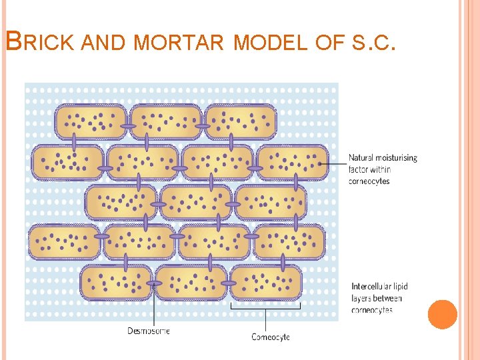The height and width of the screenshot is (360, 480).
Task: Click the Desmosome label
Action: tap(149, 331)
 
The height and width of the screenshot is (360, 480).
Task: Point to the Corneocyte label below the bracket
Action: tap(271, 337)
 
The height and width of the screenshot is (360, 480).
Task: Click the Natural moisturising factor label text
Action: tap(382, 169)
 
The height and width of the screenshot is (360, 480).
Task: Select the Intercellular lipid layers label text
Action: tap(379, 297)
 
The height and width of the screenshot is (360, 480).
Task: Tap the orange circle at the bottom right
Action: tap(443, 315)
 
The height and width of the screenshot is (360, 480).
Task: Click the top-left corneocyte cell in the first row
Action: tap(91, 121)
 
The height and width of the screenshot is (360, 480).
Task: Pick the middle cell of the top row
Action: tap(165, 121)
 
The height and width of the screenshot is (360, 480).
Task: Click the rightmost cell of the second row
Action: tap(293, 162)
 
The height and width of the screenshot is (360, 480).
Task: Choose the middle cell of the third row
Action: tap(196, 202)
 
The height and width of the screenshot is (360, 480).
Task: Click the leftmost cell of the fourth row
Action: tap(64, 242)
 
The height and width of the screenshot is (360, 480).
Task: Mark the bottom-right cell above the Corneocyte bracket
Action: tap(265, 282)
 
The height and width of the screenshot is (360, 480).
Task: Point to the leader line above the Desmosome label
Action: tap(154, 307)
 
